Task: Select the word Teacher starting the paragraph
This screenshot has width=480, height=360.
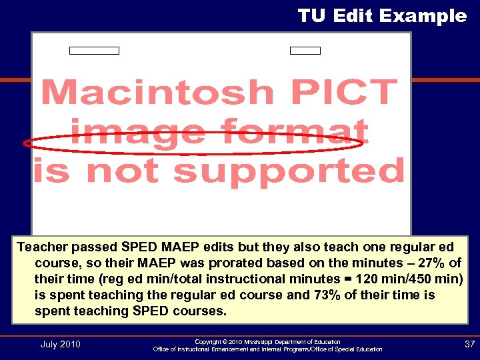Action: click(x=42, y=247)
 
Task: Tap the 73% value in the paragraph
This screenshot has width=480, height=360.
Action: click(x=329, y=295)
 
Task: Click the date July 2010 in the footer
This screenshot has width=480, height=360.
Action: click(x=60, y=344)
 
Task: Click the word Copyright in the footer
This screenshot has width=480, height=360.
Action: click(x=208, y=341)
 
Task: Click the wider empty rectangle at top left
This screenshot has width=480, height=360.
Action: click(x=95, y=51)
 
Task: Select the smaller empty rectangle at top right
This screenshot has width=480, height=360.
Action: click(x=305, y=51)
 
